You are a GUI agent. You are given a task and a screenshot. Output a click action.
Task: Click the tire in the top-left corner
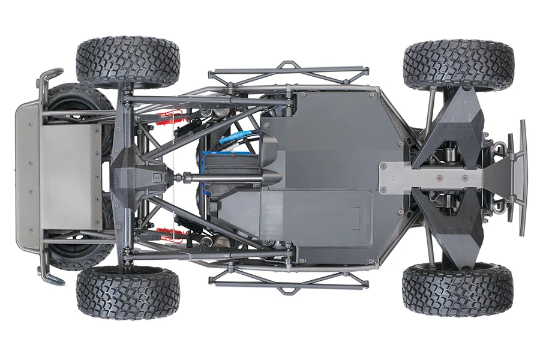point(128,62)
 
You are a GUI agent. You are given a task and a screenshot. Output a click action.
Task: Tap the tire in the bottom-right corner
point(458,289)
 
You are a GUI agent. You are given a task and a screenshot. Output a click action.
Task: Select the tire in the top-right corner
point(458,65)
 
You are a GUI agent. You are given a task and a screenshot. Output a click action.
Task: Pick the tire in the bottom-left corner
point(128,292)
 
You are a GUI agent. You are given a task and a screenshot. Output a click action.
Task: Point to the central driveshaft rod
point(222,178)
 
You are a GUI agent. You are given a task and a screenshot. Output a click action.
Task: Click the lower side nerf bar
point(288,281)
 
